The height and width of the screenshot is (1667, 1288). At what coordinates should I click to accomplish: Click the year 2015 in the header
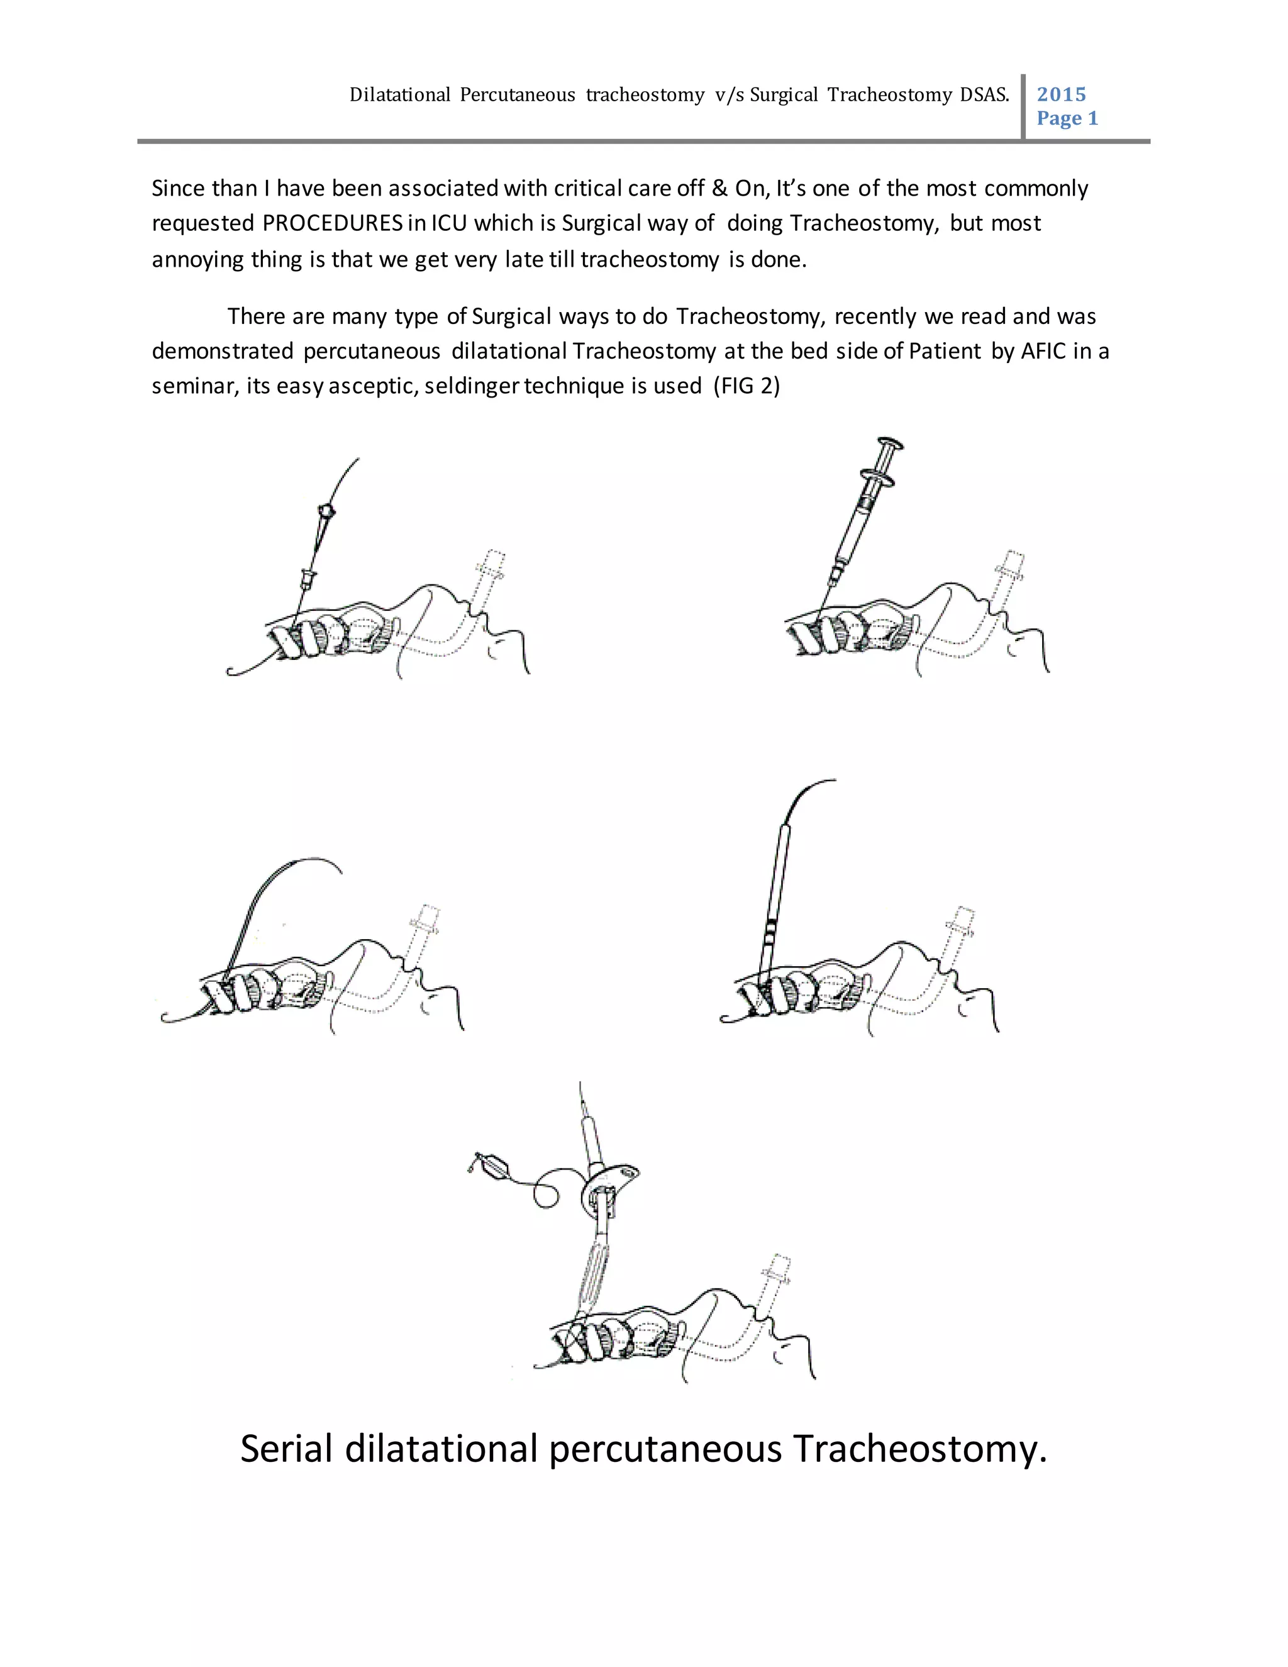coord(1060,94)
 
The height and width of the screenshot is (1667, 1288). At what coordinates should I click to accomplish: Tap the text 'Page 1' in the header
coord(1067,118)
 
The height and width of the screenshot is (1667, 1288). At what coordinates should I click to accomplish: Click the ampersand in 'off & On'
coord(719,189)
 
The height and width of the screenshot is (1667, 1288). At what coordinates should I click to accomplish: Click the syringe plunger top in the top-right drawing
coord(891,443)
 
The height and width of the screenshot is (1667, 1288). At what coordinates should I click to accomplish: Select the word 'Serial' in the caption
coord(286,1449)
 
